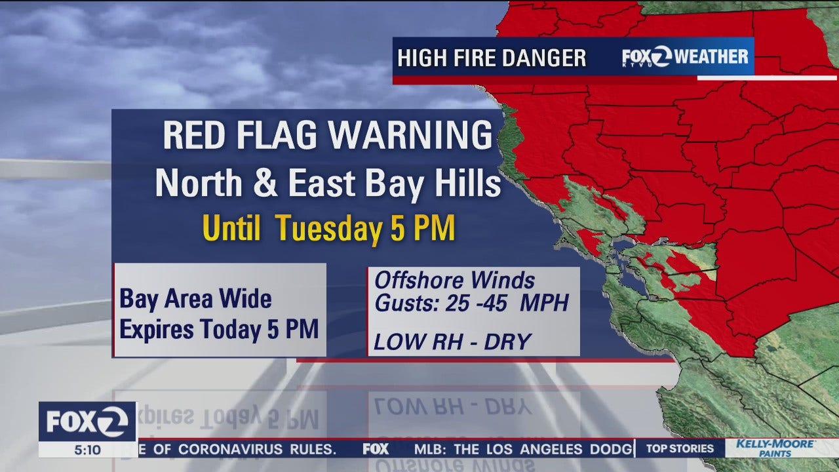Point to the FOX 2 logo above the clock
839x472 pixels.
tap(87, 422)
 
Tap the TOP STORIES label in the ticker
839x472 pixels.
tap(680, 449)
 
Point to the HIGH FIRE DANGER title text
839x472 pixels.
tap(492, 58)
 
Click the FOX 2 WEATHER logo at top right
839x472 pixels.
tap(685, 57)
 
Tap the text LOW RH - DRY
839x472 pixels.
tap(452, 341)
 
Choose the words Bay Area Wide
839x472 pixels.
tap(195, 300)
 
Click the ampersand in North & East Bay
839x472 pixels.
tap(265, 184)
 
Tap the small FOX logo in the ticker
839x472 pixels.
tap(376, 450)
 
